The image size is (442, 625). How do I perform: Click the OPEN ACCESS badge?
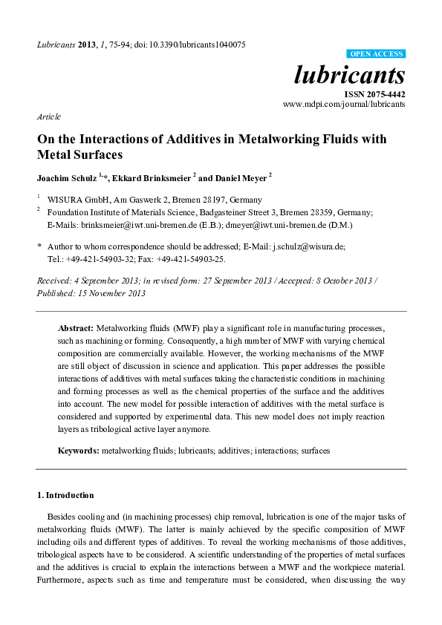376,54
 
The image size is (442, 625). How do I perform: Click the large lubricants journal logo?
351,76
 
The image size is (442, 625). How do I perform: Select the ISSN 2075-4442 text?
374,94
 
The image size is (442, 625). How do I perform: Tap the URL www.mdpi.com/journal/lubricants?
344,105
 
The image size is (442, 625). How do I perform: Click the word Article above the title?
48,117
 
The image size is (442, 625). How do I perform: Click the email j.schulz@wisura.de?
305,245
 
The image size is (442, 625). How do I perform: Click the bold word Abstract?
76,327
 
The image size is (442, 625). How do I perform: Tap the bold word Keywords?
79,451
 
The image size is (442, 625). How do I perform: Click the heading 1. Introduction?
65,494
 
